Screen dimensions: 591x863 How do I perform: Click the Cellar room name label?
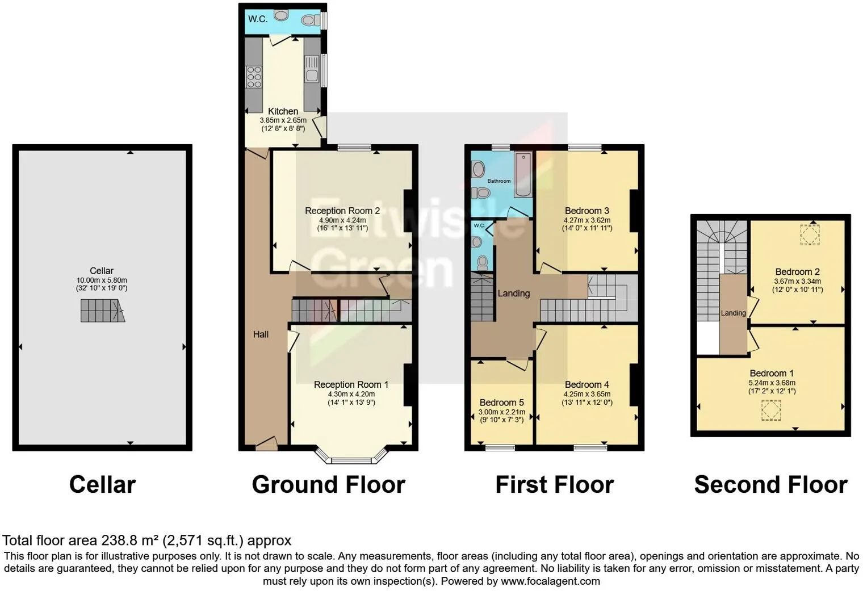pos(101,271)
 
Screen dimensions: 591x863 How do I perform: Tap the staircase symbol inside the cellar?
pos(102,311)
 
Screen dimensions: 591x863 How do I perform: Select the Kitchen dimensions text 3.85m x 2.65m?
pos(283,120)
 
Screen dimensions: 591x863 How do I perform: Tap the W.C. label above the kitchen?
pos(258,19)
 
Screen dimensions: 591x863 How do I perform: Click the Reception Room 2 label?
pos(342,211)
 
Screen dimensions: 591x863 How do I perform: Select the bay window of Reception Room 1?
pos(351,456)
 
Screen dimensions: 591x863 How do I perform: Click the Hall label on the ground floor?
pos(261,334)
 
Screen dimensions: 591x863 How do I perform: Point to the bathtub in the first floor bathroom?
pos(522,174)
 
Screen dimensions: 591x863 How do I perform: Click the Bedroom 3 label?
pos(586,211)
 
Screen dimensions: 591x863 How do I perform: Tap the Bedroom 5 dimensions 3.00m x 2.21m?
pos(501,412)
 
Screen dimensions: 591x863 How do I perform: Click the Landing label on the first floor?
pos(513,294)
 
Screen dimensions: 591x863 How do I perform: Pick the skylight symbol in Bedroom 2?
pos(810,234)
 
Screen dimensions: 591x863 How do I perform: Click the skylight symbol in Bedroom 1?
pos(770,410)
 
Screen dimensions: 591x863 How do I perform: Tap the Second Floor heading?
pos(770,485)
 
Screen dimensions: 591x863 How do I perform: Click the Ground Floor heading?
pos(328,485)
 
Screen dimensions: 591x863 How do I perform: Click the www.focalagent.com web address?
pos(550,581)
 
